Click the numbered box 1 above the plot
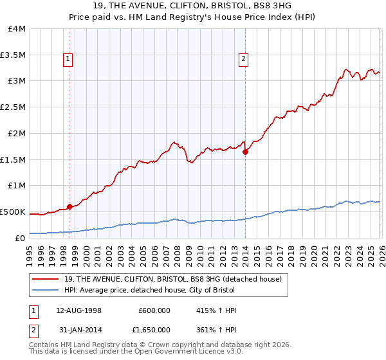(x=69, y=60)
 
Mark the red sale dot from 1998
(x=69, y=206)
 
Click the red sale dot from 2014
(x=245, y=152)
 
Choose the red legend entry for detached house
(x=172, y=279)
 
